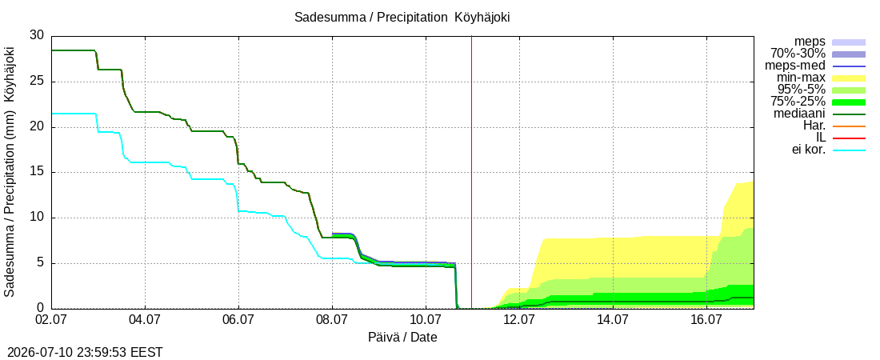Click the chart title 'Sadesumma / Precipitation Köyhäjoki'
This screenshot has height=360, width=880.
pyautogui.click(x=402, y=18)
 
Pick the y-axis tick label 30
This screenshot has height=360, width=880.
pyautogui.click(x=37, y=35)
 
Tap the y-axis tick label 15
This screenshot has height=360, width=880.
pyautogui.click(x=37, y=173)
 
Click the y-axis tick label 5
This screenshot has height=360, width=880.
pyautogui.click(x=41, y=263)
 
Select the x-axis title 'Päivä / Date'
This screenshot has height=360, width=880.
pyautogui.click(x=402, y=338)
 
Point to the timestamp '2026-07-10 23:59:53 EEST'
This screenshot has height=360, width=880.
pyautogui.click(x=82, y=353)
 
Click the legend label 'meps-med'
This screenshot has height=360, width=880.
pyautogui.click(x=795, y=66)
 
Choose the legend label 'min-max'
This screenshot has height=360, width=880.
pyautogui.click(x=802, y=78)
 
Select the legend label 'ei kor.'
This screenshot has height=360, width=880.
pyautogui.click(x=808, y=150)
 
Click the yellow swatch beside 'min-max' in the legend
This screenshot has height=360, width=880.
pyautogui.click(x=849, y=78)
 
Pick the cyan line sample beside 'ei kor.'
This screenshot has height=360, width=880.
pyautogui.click(x=849, y=150)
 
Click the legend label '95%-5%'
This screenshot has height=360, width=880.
pyautogui.click(x=802, y=90)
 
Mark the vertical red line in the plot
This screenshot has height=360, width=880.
pyautogui.click(x=471, y=172)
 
